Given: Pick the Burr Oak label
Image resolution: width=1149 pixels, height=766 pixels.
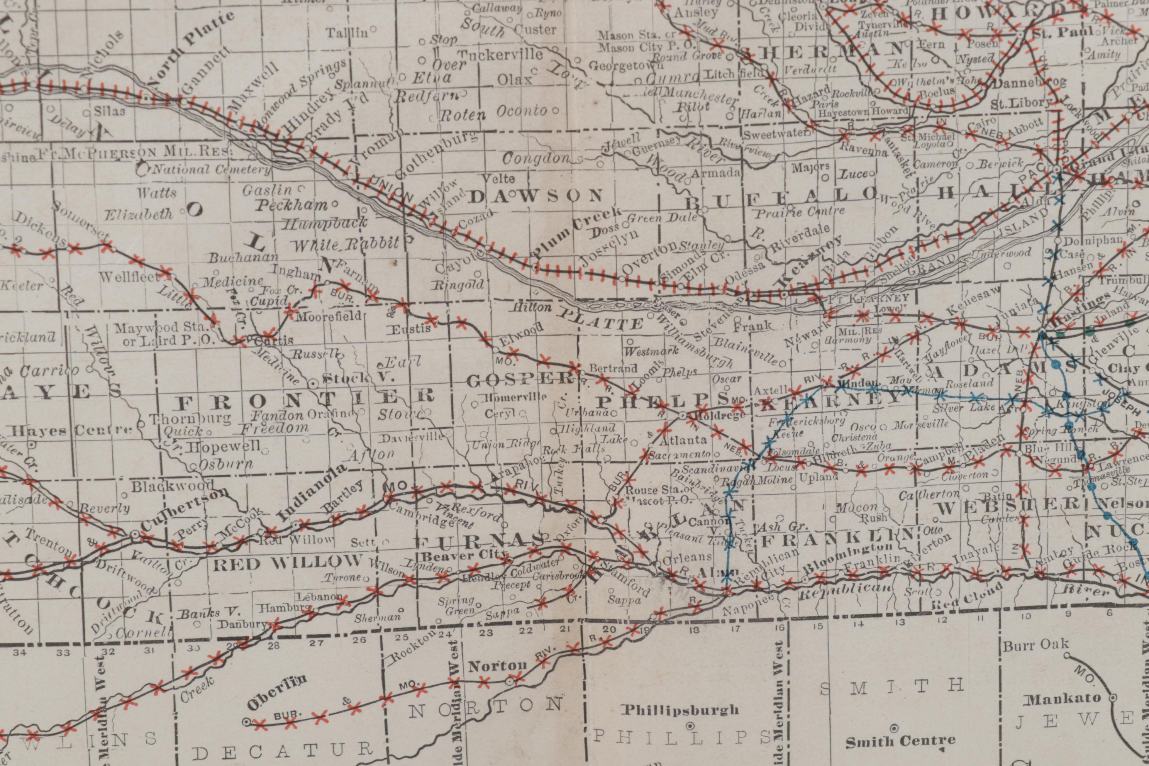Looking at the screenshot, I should pyautogui.click(x=1035, y=646).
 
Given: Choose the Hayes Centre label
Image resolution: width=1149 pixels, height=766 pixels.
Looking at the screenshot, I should pyautogui.click(x=71, y=431).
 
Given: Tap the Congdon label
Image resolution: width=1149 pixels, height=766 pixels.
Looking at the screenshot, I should pyautogui.click(x=536, y=159).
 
